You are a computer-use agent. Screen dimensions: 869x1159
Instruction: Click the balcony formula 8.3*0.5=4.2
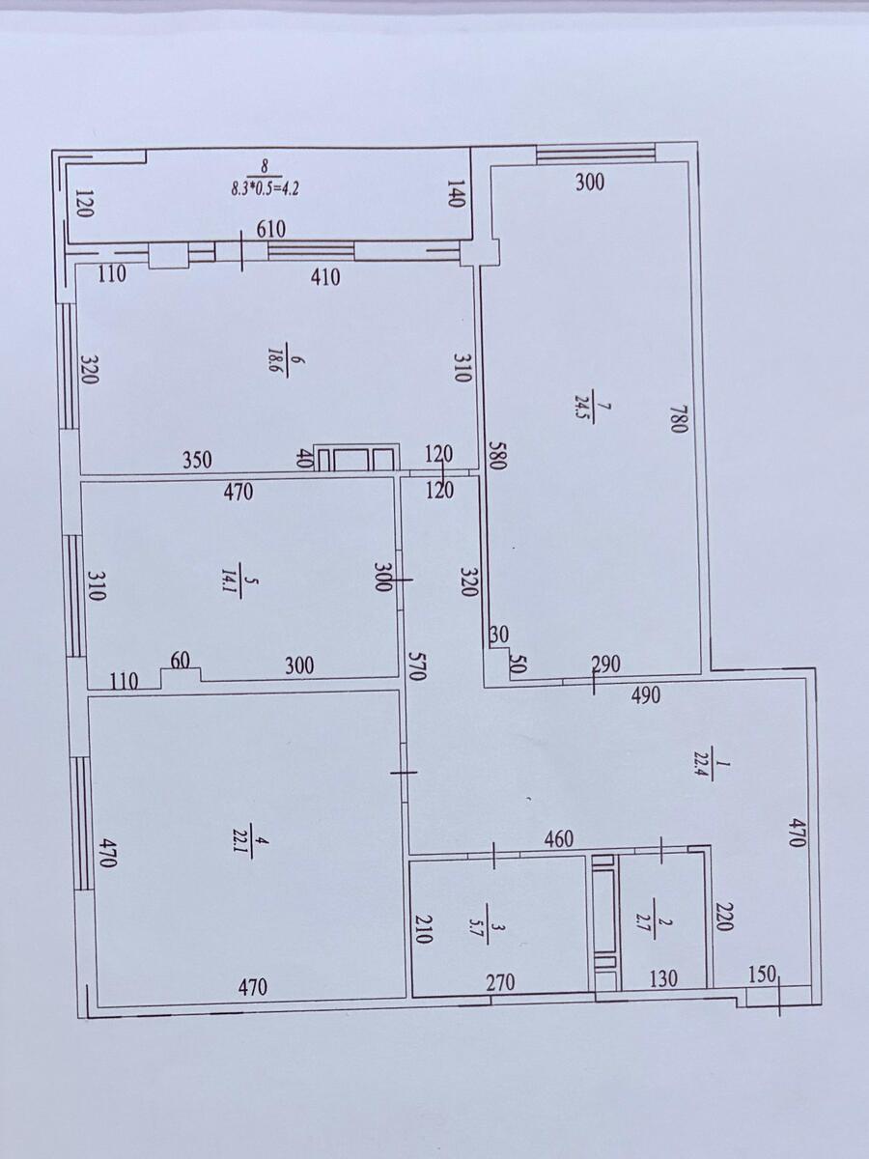[x=265, y=188]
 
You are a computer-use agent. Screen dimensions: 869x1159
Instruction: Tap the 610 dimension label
[x=270, y=229]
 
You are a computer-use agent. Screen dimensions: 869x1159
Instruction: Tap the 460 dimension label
[x=558, y=838]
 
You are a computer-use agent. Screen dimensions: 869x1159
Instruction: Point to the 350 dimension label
[x=197, y=460]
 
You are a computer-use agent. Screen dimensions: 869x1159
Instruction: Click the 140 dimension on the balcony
[x=456, y=194]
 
